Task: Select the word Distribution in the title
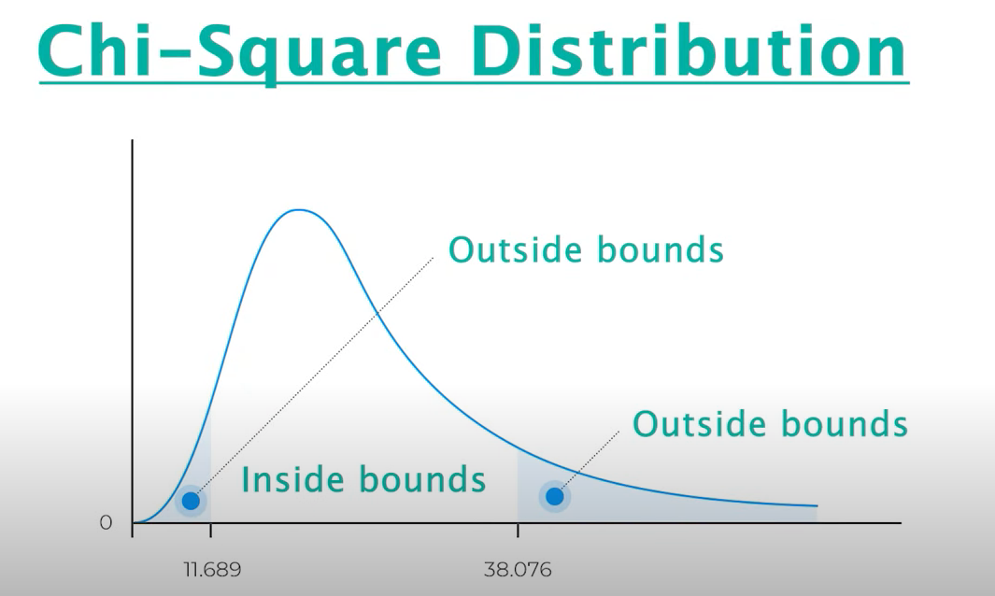(x=689, y=50)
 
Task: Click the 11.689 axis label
(x=213, y=569)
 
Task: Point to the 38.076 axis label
(x=518, y=569)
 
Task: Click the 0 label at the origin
(x=106, y=522)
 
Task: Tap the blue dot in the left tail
(x=191, y=501)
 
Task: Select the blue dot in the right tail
(x=555, y=496)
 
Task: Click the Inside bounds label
(x=363, y=479)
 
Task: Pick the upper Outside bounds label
(x=586, y=249)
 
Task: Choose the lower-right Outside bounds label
(x=771, y=423)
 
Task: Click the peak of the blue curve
(x=298, y=209)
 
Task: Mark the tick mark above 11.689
(x=210, y=530)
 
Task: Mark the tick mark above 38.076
(x=518, y=530)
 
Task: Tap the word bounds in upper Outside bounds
(x=661, y=249)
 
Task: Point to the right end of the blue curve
(x=817, y=506)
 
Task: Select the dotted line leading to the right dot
(x=590, y=461)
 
